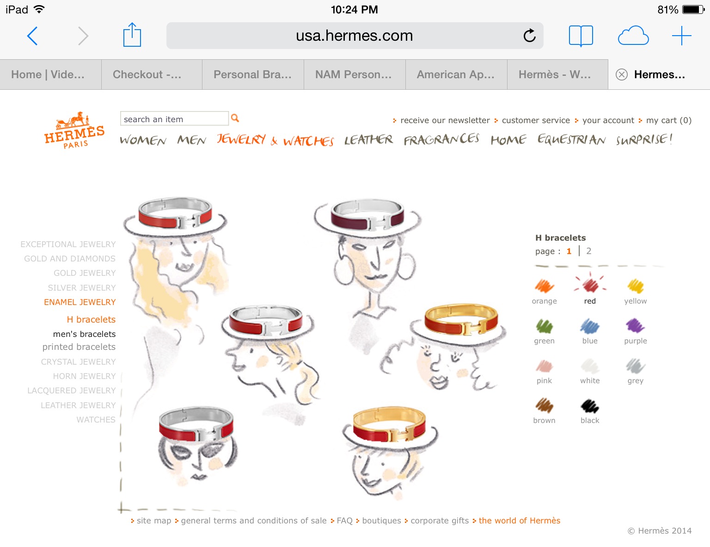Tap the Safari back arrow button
tap(32, 36)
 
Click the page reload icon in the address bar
tap(529, 35)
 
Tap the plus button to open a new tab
tap(682, 35)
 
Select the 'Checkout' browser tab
tap(147, 75)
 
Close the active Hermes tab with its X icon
tap(621, 75)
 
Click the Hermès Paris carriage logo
tap(74, 130)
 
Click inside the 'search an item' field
tap(174, 118)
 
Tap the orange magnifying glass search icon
tap(235, 118)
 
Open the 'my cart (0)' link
tap(668, 120)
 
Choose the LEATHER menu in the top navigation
tap(368, 140)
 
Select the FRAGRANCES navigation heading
tap(441, 140)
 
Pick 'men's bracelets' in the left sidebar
tap(84, 334)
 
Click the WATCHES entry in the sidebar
tap(96, 419)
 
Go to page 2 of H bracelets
tap(588, 251)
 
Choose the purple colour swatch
tap(635, 326)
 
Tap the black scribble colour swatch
tap(590, 406)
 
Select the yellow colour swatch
tap(636, 286)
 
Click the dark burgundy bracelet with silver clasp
tap(367, 215)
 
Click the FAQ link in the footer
tap(344, 521)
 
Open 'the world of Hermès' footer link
tap(519, 521)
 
